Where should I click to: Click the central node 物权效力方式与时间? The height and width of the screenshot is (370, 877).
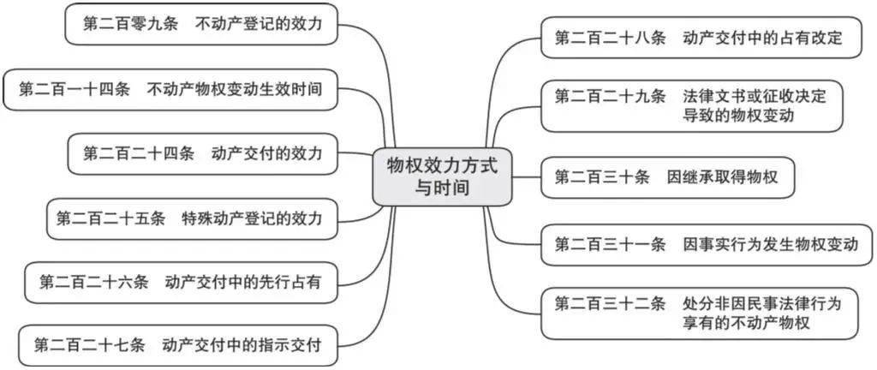coord(441,176)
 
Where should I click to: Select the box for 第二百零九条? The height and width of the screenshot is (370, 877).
coord(202,24)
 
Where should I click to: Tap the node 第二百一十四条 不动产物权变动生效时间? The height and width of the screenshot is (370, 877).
coord(170,88)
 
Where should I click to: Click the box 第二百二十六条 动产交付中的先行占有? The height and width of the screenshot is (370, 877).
coord(180,282)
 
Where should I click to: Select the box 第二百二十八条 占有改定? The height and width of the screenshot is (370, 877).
coord(700,38)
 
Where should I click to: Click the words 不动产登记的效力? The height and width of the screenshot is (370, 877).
coord(259,24)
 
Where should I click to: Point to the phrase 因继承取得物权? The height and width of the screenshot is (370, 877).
coord(722,177)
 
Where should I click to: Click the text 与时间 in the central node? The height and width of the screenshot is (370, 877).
coord(442,188)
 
